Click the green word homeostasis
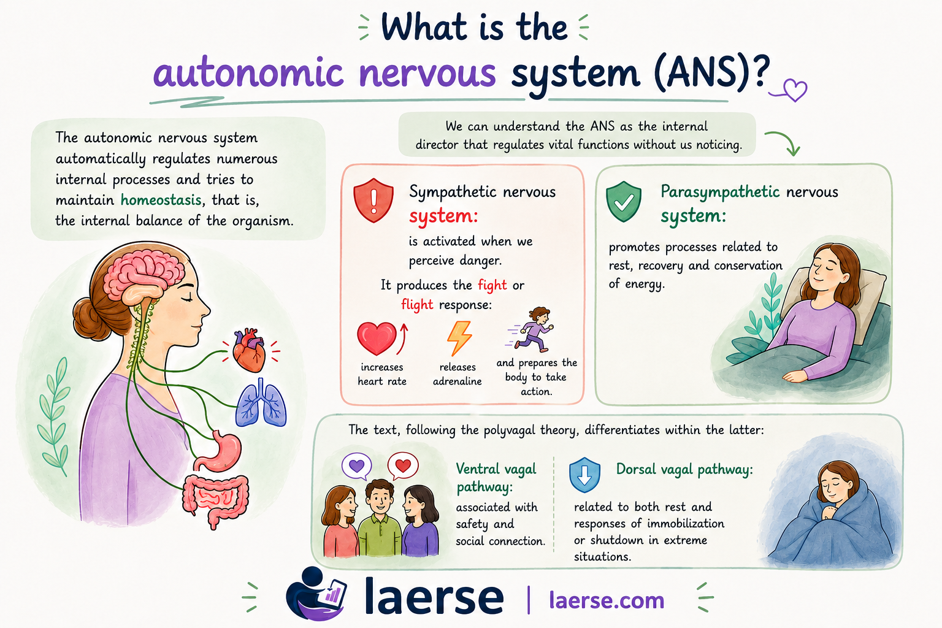pyautogui.click(x=161, y=200)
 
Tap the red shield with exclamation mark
pyautogui.click(x=373, y=200)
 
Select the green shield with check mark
pyautogui.click(x=624, y=202)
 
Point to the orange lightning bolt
pyautogui.click(x=459, y=338)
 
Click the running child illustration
pyautogui.click(x=531, y=329)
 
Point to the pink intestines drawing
pyautogui.click(x=215, y=499)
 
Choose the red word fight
pyautogui.click(x=492, y=286)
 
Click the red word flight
pyautogui.click(x=417, y=305)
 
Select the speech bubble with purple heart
pyautogui.click(x=357, y=466)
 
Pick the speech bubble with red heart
pyautogui.click(x=403, y=466)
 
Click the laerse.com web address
pyautogui.click(x=607, y=600)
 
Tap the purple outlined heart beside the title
pyautogui.click(x=794, y=90)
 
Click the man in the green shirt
pyautogui.click(x=380, y=518)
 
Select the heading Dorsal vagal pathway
pyautogui.click(x=684, y=470)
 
